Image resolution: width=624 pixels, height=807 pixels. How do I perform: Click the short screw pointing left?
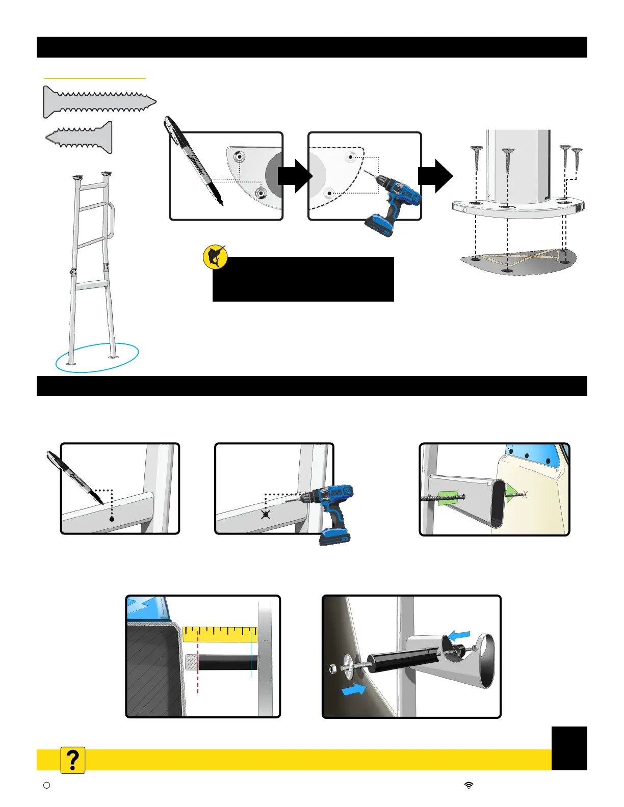(x=80, y=137)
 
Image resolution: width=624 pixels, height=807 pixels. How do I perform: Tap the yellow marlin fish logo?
(x=215, y=257)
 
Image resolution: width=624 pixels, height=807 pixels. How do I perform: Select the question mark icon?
(x=73, y=760)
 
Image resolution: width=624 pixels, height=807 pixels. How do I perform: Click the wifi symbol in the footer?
(x=469, y=785)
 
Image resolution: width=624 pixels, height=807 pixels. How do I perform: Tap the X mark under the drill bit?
(x=266, y=515)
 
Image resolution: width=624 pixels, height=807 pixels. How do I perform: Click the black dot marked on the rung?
(x=112, y=519)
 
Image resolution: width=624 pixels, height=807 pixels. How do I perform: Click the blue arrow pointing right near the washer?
(x=354, y=690)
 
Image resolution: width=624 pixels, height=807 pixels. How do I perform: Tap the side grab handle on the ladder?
(x=111, y=221)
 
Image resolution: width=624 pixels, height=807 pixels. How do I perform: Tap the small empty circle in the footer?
(x=47, y=785)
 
